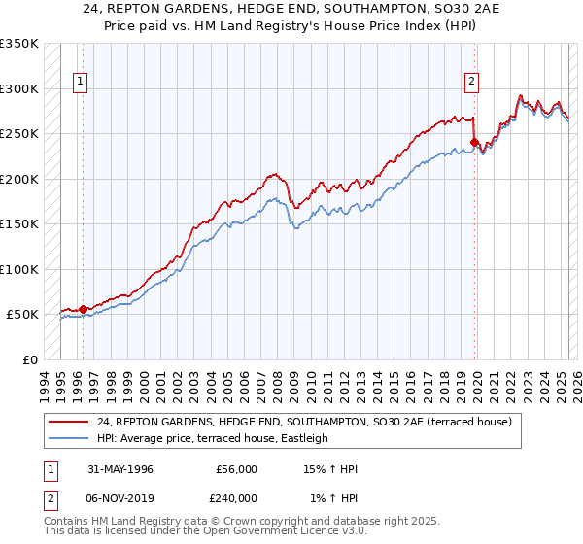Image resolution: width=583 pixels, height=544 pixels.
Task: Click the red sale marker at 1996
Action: [x=84, y=309]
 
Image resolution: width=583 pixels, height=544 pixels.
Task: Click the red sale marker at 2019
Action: [x=475, y=143]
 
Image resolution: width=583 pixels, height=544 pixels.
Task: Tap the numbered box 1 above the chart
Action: [x=79, y=83]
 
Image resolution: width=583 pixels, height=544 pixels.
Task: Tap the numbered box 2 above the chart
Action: [x=471, y=83]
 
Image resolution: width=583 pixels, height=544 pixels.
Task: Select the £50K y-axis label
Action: [x=22, y=315]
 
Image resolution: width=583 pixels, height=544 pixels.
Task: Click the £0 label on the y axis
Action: [x=29, y=359]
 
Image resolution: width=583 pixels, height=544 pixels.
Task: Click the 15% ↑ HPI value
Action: [x=330, y=469]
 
